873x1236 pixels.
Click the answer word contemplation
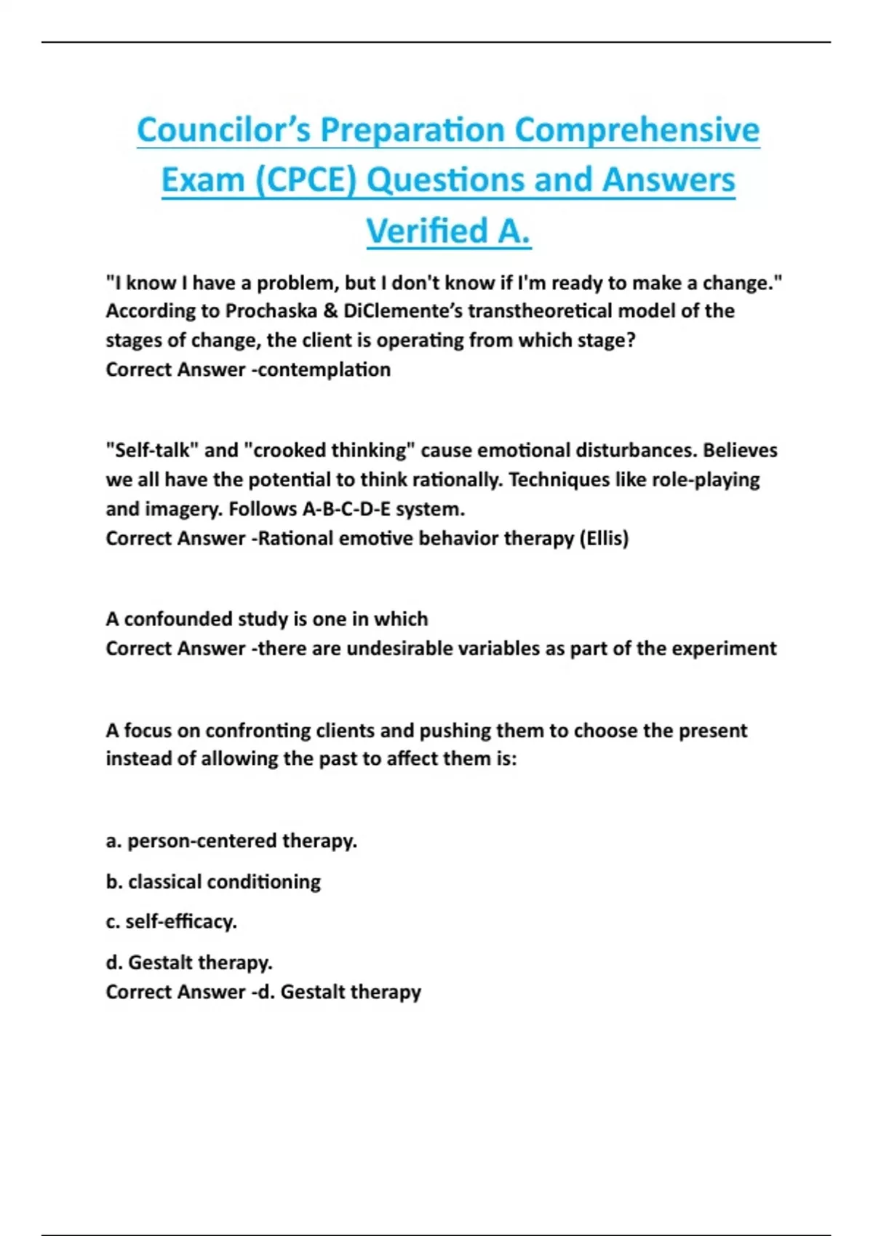coord(324,369)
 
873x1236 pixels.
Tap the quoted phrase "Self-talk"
coord(152,450)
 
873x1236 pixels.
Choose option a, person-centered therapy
coord(231,841)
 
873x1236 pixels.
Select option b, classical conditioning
coord(213,882)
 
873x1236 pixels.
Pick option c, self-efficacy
coord(172,922)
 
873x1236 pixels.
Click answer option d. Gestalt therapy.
coord(189,963)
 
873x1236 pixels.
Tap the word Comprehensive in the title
coord(637,130)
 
